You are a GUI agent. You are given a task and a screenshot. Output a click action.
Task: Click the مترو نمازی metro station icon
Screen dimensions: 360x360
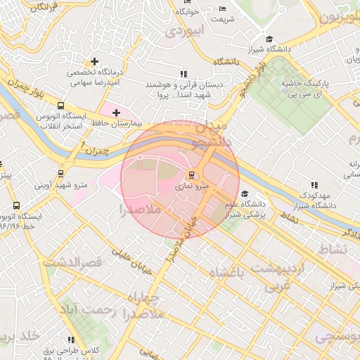[x=190, y=175]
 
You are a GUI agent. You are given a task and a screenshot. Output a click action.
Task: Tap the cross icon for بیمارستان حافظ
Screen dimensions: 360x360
[x=116, y=112]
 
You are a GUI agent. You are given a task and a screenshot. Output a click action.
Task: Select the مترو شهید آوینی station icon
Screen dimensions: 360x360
[x=60, y=174]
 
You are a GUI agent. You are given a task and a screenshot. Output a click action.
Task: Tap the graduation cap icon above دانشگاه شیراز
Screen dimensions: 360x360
[x=268, y=39]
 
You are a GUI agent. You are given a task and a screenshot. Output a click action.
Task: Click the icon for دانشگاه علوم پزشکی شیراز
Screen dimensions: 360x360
[x=244, y=194]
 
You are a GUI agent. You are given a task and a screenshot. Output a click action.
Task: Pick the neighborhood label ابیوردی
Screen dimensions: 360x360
[x=184, y=32]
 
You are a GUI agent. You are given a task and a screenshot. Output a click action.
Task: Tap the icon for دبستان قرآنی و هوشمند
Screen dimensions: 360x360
[x=184, y=73]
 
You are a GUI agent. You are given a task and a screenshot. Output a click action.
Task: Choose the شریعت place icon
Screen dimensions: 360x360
[x=223, y=9]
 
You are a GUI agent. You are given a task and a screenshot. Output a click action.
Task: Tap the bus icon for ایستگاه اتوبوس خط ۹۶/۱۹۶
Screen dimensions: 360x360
[x=16, y=206]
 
